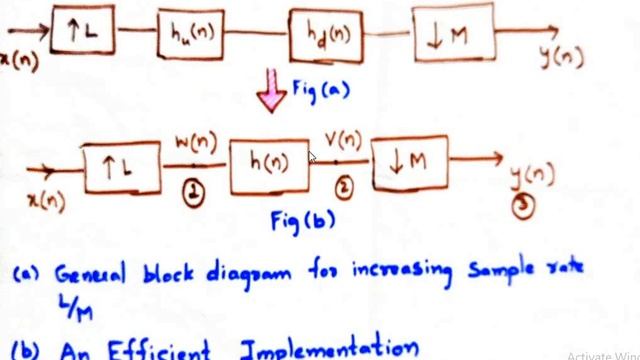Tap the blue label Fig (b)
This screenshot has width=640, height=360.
pos(302,221)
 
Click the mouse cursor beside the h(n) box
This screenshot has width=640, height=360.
pos(313,158)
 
